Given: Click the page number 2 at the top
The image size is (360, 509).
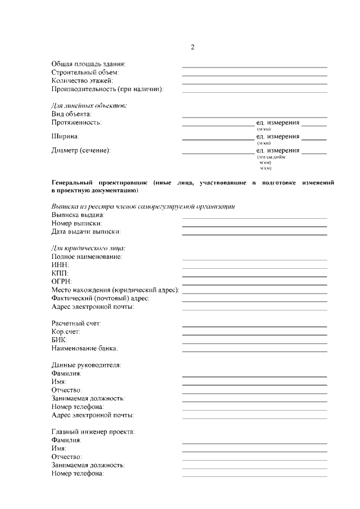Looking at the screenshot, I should coord(192,47).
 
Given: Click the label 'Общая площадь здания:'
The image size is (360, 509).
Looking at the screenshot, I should coord(88,64).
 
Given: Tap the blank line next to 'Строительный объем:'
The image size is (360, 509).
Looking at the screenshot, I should coord(254,75).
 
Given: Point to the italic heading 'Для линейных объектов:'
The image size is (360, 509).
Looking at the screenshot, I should coord(89,106).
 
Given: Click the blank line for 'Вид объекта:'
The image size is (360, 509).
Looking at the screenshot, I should coord(254,116).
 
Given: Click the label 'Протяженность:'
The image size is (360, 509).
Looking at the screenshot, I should coord(76,123).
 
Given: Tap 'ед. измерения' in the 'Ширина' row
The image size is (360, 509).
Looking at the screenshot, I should coord(278,136).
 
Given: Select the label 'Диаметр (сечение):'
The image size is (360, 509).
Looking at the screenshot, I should coord(81,150).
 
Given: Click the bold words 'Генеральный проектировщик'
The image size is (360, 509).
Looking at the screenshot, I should coord(99,183).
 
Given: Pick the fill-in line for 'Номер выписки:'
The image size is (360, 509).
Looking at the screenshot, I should coord(254,226).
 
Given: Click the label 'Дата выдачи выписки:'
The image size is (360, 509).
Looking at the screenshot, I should coord(86,231).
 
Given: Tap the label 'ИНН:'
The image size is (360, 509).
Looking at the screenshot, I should coord(60,265).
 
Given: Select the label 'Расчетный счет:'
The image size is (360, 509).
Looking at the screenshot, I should coord(76,323).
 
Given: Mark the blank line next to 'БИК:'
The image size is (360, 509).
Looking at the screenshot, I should coord(254,343).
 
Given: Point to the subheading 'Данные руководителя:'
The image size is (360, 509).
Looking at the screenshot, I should coord(86,365).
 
